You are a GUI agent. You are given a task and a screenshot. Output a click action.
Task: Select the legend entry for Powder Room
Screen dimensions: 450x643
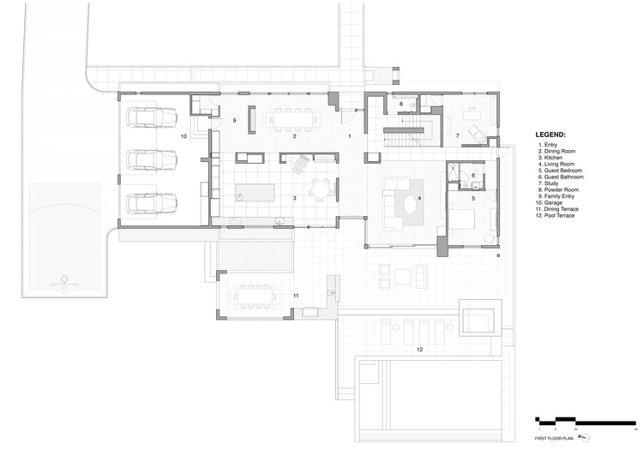pos(558,189)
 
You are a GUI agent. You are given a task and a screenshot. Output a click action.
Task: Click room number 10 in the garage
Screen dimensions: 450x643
pos(183,136)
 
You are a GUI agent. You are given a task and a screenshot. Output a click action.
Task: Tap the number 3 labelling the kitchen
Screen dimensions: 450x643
pos(294,198)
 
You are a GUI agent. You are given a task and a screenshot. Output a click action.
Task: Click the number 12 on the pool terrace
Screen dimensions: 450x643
pos(419,350)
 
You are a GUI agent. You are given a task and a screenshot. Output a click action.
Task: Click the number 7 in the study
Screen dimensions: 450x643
pos(457,135)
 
